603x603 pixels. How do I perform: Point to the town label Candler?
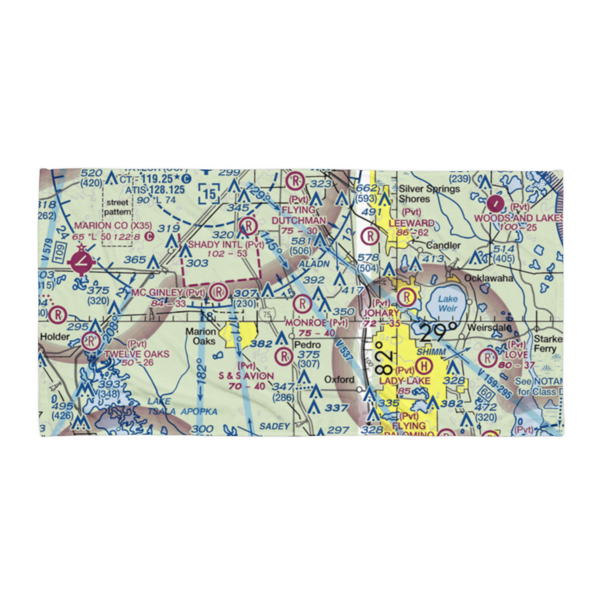pos(443,245)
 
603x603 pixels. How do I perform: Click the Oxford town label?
pos(338,380)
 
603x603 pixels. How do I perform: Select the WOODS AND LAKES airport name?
pos(518,218)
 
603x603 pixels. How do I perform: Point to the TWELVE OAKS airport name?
pos(136,353)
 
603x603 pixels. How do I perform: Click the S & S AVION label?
pos(246,376)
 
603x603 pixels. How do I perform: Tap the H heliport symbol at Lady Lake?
pos(424,365)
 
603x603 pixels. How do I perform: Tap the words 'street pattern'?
pos(116,208)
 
